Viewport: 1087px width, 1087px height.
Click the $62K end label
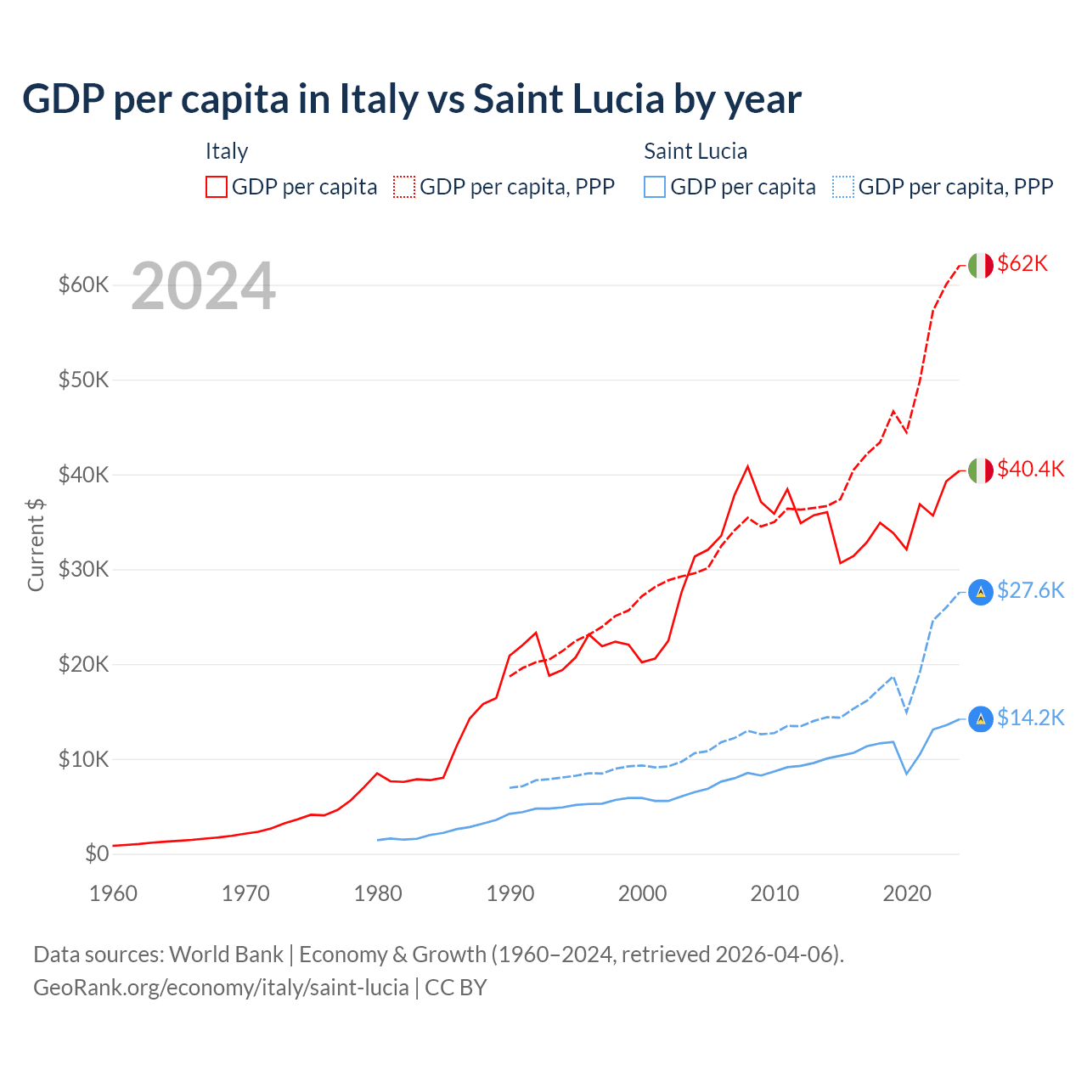1022,264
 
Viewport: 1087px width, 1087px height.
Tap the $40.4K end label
1030,470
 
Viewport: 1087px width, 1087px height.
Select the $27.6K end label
1030,591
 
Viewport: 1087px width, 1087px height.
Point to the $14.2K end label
1030,718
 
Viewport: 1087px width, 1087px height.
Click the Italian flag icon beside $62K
981,266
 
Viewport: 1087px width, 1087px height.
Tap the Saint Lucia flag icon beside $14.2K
981,719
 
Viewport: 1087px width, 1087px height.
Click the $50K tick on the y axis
83,380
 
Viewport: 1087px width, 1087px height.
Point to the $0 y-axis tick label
97,854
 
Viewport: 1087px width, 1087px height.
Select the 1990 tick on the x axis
510,893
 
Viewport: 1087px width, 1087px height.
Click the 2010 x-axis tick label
774,893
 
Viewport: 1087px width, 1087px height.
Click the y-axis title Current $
36,544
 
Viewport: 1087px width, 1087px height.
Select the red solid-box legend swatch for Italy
217,187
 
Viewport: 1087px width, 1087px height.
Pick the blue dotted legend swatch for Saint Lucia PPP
843,187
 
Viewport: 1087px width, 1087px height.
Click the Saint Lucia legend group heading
696,152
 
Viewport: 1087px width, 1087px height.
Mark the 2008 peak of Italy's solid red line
747,466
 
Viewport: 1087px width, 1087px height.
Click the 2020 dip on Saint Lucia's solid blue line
906,774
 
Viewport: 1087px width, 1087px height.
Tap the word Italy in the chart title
379,99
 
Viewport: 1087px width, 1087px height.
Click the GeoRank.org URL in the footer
221,988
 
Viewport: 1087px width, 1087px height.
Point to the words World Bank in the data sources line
226,955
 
